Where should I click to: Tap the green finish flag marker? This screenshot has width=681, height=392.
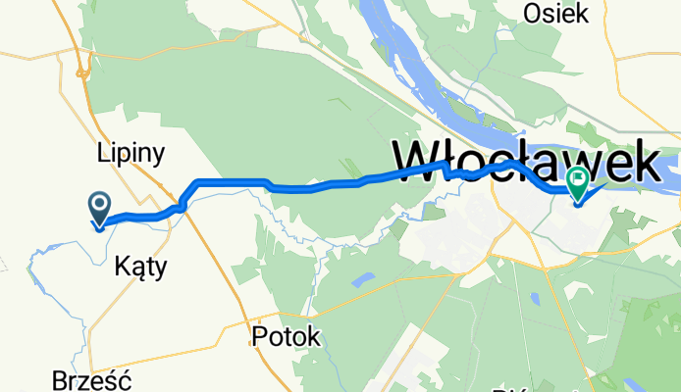pyautogui.click(x=578, y=182)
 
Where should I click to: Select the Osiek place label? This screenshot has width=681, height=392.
pyautogui.click(x=555, y=13)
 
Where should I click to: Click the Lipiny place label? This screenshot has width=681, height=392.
pyautogui.click(x=130, y=153)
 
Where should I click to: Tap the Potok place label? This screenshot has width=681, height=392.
pyautogui.click(x=286, y=336)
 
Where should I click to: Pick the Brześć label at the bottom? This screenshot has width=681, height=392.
pyautogui.click(x=94, y=380)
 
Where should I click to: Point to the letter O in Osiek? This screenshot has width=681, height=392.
pyautogui.click(x=535, y=13)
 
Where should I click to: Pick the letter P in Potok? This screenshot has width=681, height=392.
pyautogui.click(x=259, y=336)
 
